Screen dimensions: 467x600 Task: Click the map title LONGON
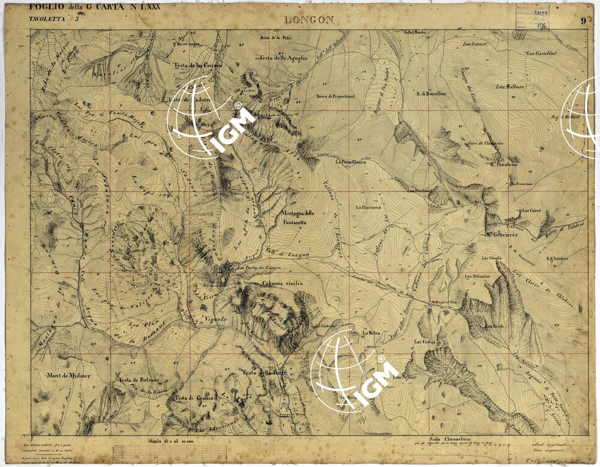pos(309,20)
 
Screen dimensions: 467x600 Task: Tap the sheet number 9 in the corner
pos(583,21)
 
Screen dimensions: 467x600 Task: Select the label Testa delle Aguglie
pos(283,58)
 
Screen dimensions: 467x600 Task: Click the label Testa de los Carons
pos(198,65)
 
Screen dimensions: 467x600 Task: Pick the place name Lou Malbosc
pos(510,86)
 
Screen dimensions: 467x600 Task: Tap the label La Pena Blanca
pos(351,162)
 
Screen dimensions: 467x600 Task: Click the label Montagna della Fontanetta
pos(297,218)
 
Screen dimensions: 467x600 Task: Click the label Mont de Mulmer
pos(68,375)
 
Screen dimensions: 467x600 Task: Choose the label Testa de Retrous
pos(137,380)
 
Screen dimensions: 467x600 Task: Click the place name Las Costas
pos(424,342)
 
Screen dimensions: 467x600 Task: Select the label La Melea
pos(370,332)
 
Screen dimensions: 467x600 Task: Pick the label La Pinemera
pos(368,207)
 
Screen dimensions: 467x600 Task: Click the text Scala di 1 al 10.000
pos(172,441)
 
